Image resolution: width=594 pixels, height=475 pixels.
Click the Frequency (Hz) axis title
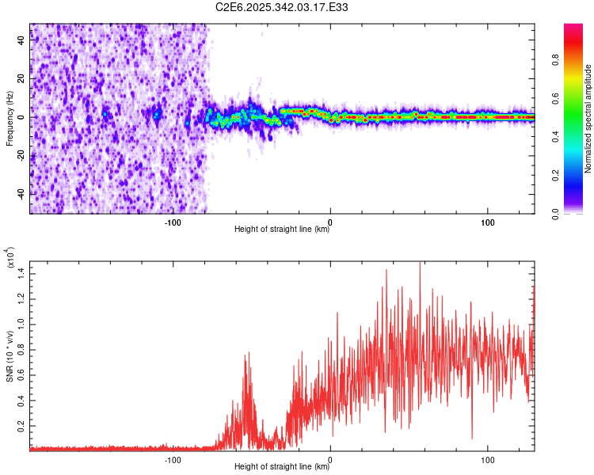pos(10,118)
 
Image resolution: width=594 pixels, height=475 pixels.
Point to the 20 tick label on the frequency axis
pos(21,79)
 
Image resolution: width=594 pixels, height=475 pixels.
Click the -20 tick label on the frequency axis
pos(21,156)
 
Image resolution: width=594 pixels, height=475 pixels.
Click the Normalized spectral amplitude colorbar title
pos(588,119)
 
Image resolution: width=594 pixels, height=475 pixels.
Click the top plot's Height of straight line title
pos(282,230)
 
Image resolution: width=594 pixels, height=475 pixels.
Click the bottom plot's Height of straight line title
pos(282,466)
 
